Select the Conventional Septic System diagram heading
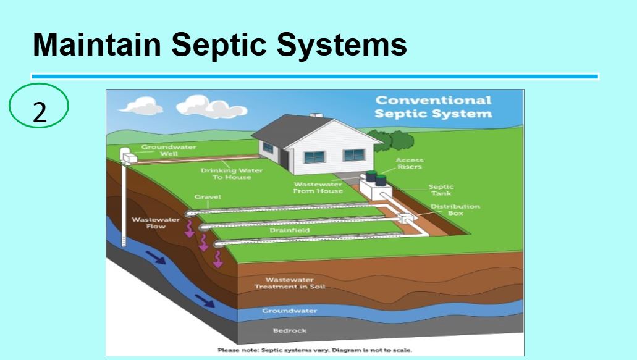pos(433,107)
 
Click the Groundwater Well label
pos(169,150)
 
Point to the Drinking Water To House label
pos(232,174)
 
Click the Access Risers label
pos(409,164)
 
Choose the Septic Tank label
pos(441,190)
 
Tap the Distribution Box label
pos(455,210)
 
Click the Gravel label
pos(208,197)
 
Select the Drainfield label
pos(289,230)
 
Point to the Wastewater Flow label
pos(156,223)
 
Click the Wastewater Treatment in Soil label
pos(290,283)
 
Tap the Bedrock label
pos(290,330)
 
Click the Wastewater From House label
pos(318,188)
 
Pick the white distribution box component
pos(406,219)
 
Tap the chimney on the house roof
pos(316,115)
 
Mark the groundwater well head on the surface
pos(128,156)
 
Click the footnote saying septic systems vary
pos(315,350)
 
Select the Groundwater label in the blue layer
pos(289,311)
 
